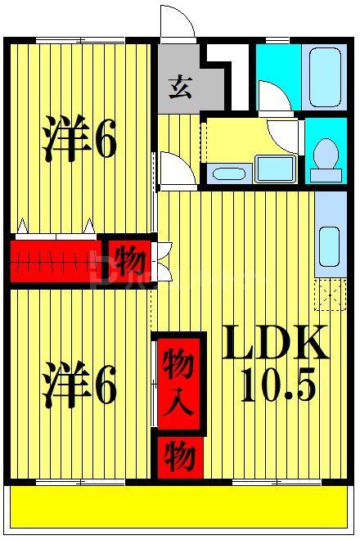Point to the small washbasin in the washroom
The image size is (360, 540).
click(226, 173)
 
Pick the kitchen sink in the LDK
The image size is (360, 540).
click(329, 243)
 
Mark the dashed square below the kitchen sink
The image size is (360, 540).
click(331, 293)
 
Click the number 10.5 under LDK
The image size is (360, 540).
click(277, 384)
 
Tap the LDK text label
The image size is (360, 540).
click(277, 344)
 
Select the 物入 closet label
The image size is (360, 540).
click(178, 383)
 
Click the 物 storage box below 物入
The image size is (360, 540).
click(178, 455)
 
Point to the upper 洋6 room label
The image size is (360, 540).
click(79, 142)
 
